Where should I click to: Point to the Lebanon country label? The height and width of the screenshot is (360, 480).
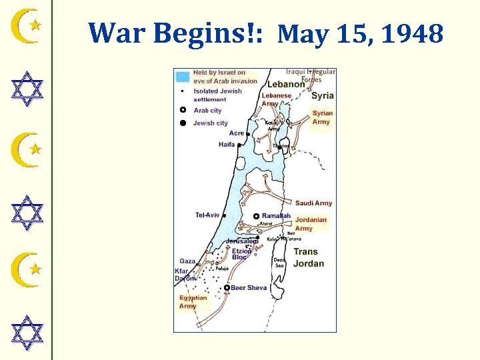pyautogui.click(x=285, y=85)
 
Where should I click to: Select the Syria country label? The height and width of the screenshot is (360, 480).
pyautogui.click(x=323, y=96)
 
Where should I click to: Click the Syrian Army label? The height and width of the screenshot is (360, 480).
pyautogui.click(x=322, y=117)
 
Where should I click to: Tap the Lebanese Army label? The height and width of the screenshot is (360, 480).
pyautogui.click(x=276, y=99)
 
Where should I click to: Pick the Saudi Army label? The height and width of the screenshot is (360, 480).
pyautogui.click(x=313, y=203)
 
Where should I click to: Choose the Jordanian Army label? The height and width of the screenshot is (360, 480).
pyautogui.click(x=311, y=224)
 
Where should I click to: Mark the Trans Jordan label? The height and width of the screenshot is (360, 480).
pyautogui.click(x=307, y=257)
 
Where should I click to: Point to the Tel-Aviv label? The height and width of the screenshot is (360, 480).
pyautogui.click(x=207, y=215)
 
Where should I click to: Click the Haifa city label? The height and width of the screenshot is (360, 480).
pyautogui.click(x=226, y=145)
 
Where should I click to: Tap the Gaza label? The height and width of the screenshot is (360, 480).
pyautogui.click(x=187, y=261)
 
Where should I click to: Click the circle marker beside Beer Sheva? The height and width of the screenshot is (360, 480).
pyautogui.click(x=227, y=288)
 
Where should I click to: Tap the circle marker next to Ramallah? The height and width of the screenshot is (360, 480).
pyautogui.click(x=256, y=217)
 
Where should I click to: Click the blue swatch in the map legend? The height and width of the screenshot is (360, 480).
pyautogui.click(x=183, y=76)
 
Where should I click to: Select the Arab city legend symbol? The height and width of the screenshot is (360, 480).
pyautogui.click(x=183, y=111)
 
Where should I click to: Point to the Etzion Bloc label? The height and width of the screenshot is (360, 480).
pyautogui.click(x=241, y=254)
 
